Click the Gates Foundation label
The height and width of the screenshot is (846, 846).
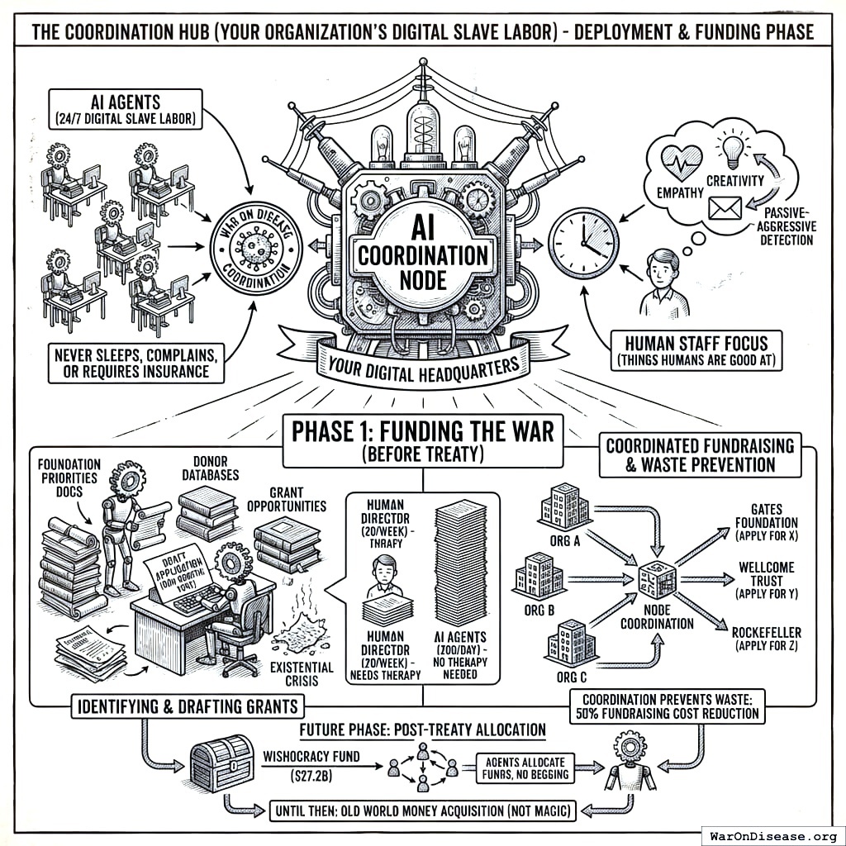point(766,522)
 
